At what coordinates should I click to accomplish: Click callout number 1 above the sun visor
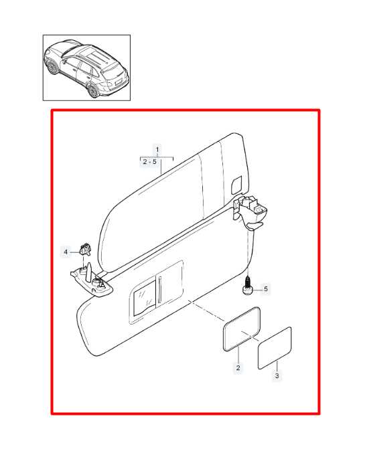[x=157, y=149]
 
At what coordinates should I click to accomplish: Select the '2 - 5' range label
[x=150, y=162]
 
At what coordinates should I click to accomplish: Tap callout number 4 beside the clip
[x=66, y=252]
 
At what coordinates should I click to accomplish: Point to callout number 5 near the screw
[x=266, y=289]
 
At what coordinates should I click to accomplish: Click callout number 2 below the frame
[x=238, y=367]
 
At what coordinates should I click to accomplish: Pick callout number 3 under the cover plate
[x=277, y=376]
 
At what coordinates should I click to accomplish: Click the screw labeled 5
[x=248, y=286]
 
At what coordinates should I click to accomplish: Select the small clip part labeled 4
[x=85, y=249]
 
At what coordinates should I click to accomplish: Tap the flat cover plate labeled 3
[x=275, y=348]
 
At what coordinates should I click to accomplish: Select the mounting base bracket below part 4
[x=92, y=281]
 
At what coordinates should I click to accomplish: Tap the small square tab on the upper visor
[x=237, y=185]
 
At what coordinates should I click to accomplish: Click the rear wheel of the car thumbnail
[x=93, y=91]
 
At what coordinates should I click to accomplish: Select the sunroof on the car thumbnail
[x=94, y=55]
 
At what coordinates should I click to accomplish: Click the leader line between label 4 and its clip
[x=75, y=252]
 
